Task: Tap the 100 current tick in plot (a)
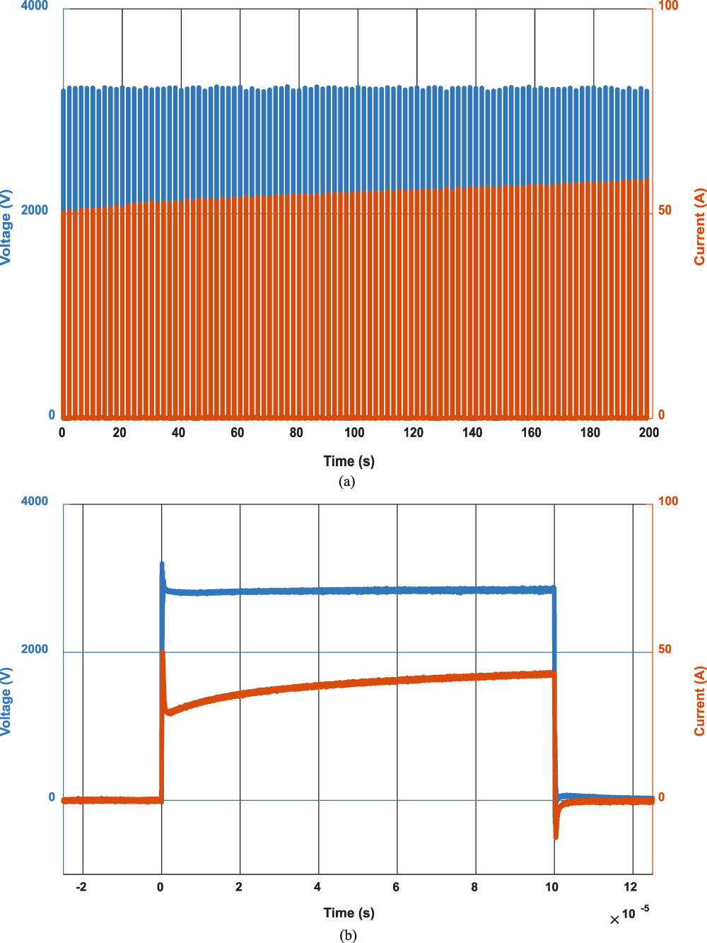667,6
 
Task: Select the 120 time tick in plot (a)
414,433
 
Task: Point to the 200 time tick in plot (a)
648,433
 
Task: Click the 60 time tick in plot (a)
238,433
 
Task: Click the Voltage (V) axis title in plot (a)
6,227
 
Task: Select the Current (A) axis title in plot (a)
700,227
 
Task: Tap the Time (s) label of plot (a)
349,461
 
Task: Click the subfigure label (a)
346,482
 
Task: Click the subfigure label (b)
347,935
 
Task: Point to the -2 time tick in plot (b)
81,887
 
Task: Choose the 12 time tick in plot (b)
631,887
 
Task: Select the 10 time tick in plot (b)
552,887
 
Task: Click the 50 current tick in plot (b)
665,649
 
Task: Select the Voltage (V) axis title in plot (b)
6,700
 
